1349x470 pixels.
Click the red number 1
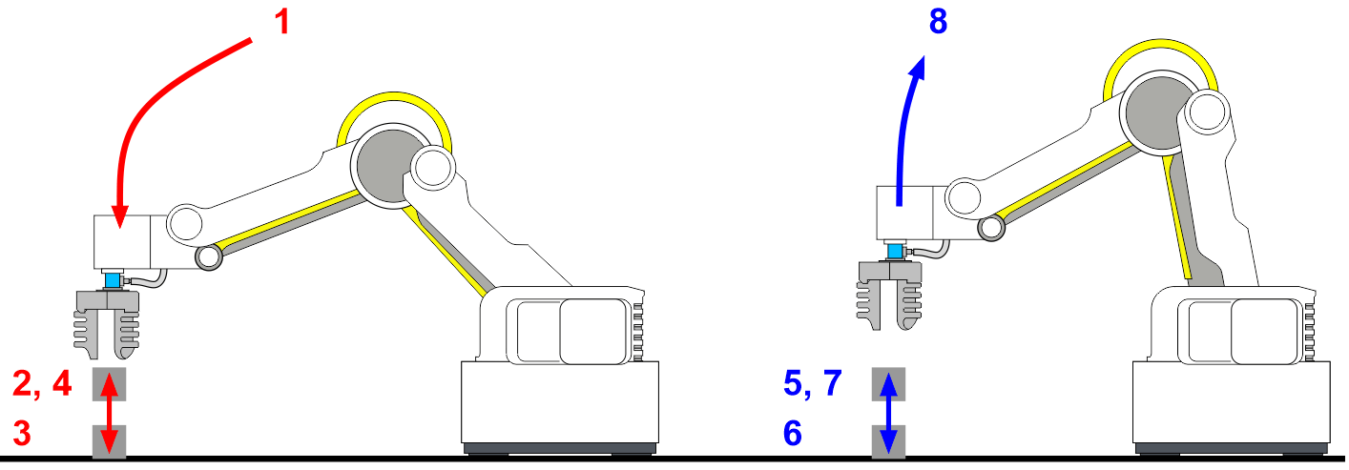point(282,22)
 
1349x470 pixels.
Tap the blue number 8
point(938,21)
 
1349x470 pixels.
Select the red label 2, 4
point(42,383)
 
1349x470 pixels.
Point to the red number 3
point(22,433)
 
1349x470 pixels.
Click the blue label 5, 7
point(813,382)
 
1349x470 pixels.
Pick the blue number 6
point(793,433)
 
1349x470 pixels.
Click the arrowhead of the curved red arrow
point(120,216)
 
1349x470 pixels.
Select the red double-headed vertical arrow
point(109,413)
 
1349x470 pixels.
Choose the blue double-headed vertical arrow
point(889,413)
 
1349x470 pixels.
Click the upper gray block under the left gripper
point(109,384)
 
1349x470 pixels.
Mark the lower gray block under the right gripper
point(889,441)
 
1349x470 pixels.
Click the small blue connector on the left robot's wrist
point(113,280)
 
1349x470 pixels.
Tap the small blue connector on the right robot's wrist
point(896,251)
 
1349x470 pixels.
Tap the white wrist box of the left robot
point(122,242)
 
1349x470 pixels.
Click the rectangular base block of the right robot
point(1232,402)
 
